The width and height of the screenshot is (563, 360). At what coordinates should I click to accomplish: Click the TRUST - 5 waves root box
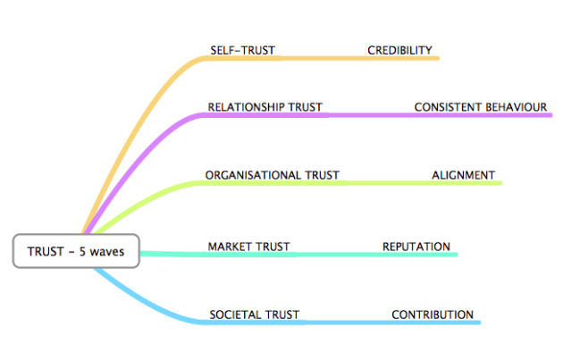coord(76,251)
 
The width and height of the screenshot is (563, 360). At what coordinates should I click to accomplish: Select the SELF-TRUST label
coord(243,50)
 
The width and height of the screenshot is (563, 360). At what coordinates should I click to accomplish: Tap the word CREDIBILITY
coord(399,50)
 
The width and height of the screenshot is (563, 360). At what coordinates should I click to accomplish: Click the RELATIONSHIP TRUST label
coord(265,107)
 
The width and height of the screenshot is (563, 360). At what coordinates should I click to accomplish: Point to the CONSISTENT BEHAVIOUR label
coord(480,107)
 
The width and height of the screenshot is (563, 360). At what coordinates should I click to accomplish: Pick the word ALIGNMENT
coord(463,175)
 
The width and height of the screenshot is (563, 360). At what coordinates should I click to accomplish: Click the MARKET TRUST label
coord(248,247)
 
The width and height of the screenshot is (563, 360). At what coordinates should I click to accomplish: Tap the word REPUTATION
coord(416,247)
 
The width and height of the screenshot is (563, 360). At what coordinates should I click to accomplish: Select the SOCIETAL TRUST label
coord(254,314)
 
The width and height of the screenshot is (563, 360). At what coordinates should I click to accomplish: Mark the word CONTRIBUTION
coord(433,314)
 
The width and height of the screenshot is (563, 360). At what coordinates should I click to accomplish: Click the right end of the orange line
coord(438,58)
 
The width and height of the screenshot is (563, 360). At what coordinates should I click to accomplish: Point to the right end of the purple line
coord(550,115)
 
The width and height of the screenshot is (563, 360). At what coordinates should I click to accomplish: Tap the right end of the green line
coord(500,183)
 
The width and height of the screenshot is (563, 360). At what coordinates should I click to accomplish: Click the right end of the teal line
coord(456,255)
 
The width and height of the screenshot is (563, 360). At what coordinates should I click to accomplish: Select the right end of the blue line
coord(480,322)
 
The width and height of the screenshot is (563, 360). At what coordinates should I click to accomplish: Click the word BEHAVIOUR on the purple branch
coord(516,107)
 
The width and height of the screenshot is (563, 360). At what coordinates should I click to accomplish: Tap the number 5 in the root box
coord(82,252)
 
